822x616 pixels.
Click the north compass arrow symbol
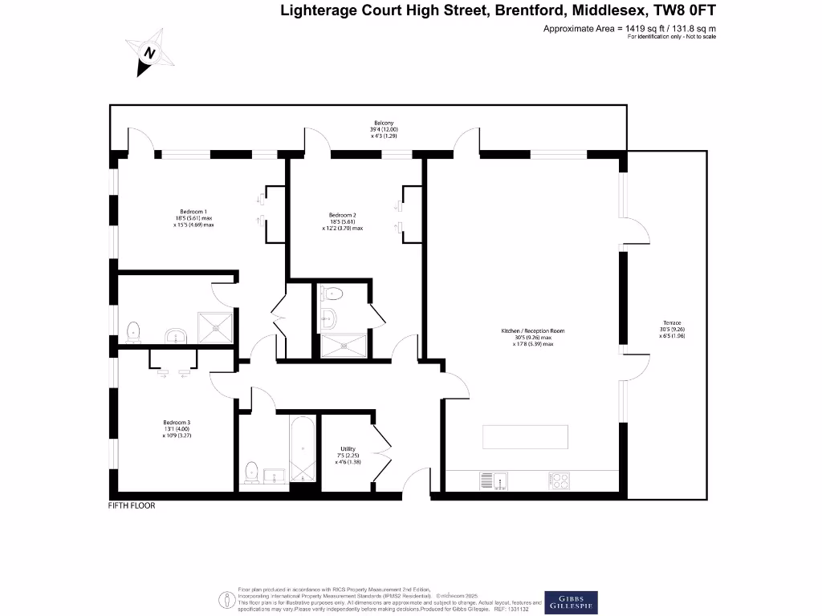coord(149,53)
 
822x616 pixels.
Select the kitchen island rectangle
coord(526,438)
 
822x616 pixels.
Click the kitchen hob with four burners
coord(560,480)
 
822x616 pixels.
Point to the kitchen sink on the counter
coord(494,480)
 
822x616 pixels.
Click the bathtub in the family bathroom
coord(303,449)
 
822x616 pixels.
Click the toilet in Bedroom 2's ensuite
coord(330,294)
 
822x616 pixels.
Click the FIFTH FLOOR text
coord(131,506)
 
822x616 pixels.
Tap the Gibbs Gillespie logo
coord(570,602)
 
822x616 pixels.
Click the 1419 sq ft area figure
coord(642,29)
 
